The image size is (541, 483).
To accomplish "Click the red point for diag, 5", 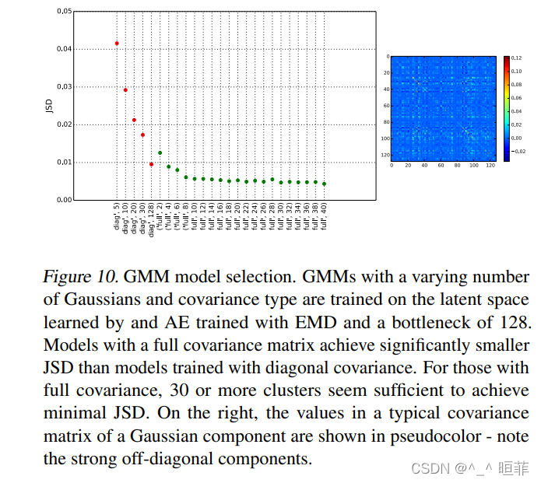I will [x=117, y=44].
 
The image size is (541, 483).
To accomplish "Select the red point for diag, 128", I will [x=151, y=164].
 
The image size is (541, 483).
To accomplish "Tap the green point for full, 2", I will [x=160, y=153].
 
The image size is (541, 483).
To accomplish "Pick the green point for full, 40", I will [x=324, y=184].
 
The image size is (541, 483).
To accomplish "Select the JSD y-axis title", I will [x=48, y=106].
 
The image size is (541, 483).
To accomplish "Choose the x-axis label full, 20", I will [x=238, y=219].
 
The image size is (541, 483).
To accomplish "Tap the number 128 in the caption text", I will [x=514, y=322].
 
